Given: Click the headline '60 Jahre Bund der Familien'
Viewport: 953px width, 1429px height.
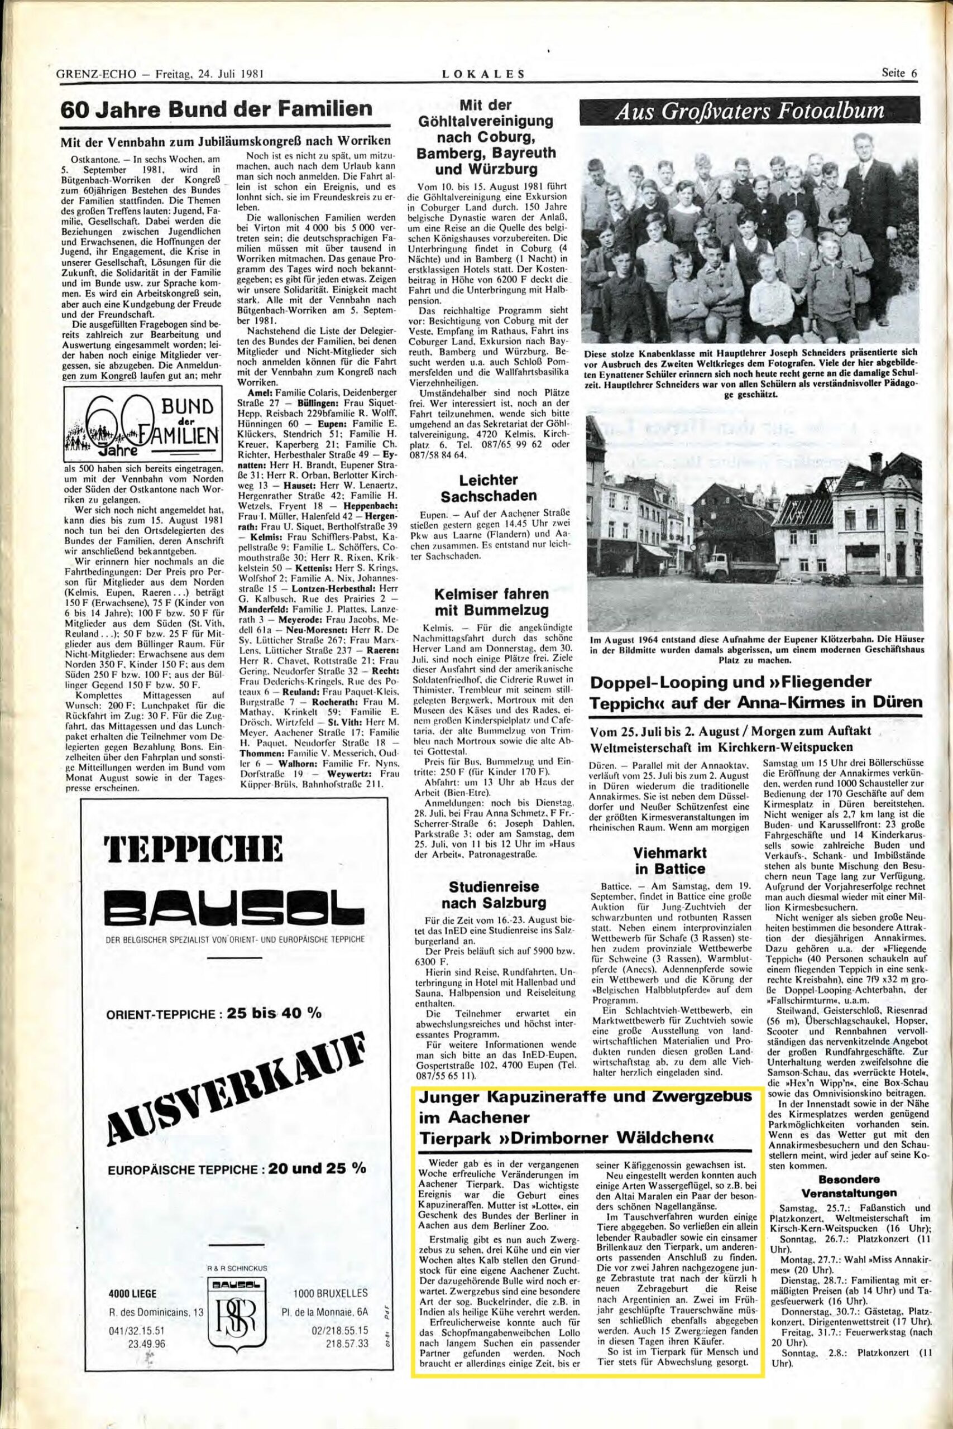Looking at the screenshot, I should [218, 110].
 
